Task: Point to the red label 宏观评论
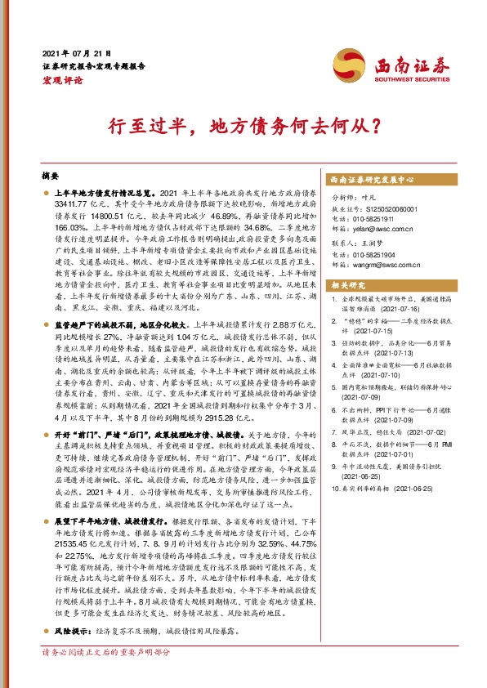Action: point(60,79)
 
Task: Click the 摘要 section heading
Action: point(51,176)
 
